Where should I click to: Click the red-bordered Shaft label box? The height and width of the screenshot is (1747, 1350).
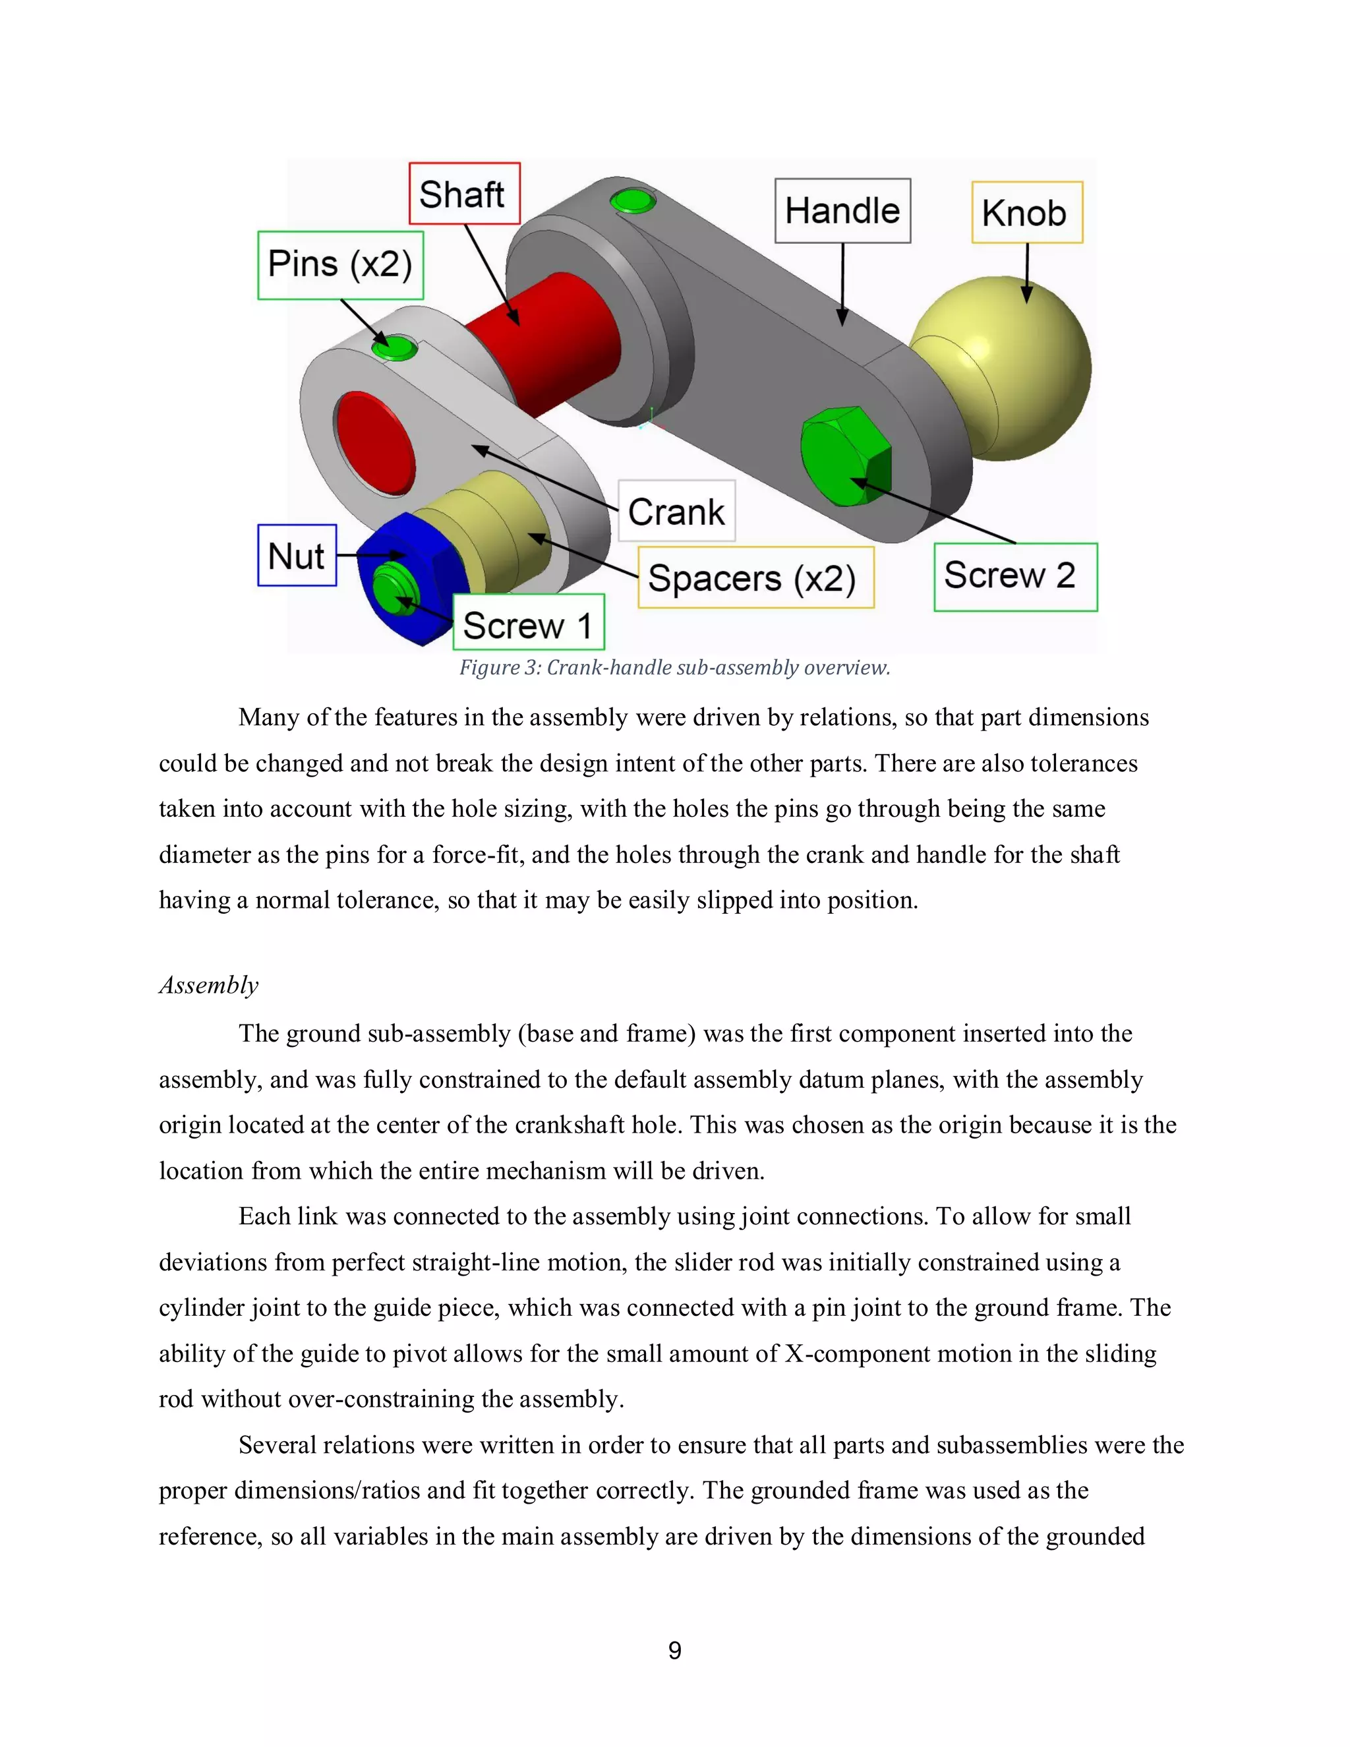point(464,194)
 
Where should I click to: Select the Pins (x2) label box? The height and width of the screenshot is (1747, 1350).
point(340,265)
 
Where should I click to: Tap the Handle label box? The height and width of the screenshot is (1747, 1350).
point(842,210)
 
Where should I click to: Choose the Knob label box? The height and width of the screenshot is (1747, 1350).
point(1026,213)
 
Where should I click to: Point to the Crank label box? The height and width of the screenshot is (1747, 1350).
point(676,511)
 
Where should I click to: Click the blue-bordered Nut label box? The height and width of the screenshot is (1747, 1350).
point(297,556)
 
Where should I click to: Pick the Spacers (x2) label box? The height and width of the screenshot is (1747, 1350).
point(755,577)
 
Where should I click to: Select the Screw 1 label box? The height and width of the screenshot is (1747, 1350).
point(528,623)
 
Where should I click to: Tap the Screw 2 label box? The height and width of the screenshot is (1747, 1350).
point(1015,577)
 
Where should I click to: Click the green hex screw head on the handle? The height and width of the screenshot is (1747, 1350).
point(844,456)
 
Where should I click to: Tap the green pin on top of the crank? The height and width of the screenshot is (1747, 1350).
point(394,347)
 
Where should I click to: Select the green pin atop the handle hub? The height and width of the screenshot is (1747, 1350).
point(633,199)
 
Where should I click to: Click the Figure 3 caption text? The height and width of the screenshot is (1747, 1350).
point(674,668)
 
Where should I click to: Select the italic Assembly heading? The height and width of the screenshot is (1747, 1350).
point(209,985)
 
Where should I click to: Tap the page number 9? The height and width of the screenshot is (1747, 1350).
point(675,1650)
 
